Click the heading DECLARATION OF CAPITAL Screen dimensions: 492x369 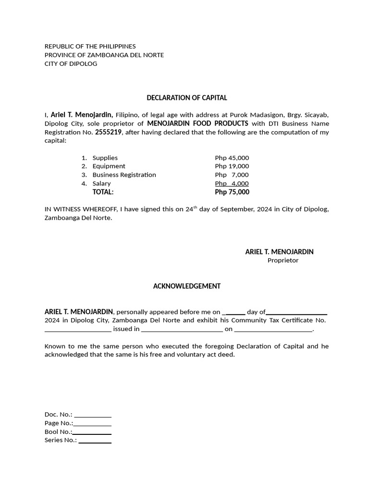[186, 98]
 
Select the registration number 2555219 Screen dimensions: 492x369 [109, 132]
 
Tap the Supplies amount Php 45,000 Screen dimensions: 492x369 [232, 158]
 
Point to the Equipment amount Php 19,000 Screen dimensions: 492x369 [232, 166]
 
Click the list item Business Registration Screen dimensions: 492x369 [124, 175]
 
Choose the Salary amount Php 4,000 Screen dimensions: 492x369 [232, 184]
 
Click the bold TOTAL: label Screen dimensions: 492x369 [103, 192]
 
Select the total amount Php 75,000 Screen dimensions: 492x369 [232, 192]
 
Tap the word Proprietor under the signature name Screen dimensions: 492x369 [283, 260]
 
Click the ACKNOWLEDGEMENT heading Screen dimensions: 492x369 [186, 286]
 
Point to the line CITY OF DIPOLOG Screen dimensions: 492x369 [71, 63]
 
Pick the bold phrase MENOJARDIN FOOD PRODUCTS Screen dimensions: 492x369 [197, 123]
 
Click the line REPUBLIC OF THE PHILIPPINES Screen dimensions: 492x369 [90, 46]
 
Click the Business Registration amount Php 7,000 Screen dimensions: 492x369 [232, 175]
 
